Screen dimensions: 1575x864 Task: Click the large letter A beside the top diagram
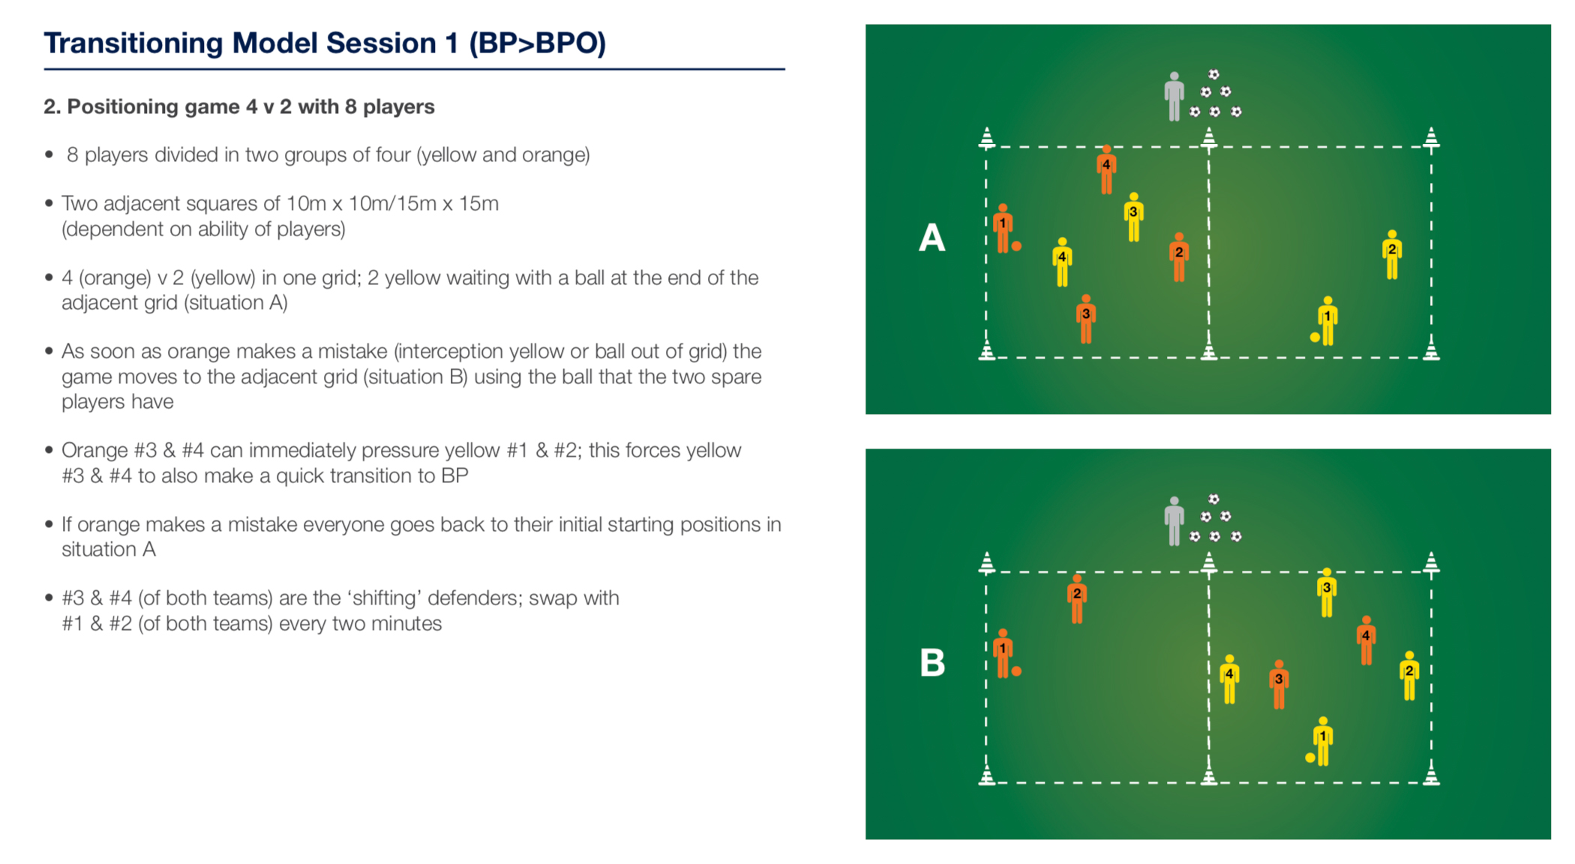(931, 238)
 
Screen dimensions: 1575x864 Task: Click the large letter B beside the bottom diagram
(932, 663)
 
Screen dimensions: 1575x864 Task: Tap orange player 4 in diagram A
(1106, 169)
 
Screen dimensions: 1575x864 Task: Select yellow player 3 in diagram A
(1134, 217)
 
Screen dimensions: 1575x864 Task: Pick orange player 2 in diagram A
(1179, 257)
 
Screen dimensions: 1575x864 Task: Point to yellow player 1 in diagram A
(1327, 321)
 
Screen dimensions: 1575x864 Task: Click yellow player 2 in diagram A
(1392, 255)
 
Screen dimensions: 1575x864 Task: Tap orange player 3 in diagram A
(1086, 319)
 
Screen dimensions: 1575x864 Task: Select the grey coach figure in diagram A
(1174, 97)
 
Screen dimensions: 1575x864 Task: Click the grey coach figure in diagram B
(1174, 521)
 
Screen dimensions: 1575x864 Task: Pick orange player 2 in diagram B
(1077, 599)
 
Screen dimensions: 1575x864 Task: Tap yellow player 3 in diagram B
(1327, 593)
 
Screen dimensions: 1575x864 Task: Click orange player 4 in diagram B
(1366, 640)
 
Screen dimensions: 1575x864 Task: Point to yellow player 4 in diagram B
(1229, 679)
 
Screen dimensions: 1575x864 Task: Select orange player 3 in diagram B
(1279, 685)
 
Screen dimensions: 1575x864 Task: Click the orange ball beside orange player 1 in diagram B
(1016, 671)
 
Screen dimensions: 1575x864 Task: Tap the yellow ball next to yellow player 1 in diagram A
(1315, 337)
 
